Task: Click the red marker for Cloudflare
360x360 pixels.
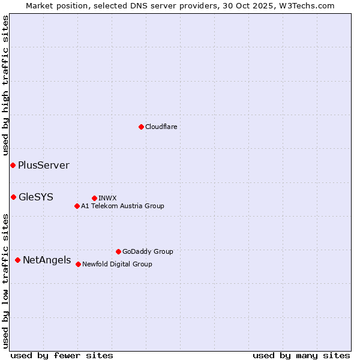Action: tap(141, 127)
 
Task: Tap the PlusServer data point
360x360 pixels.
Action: tap(13, 165)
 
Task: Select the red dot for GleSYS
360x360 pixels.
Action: tap(13, 197)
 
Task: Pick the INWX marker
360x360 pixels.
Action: tap(94, 198)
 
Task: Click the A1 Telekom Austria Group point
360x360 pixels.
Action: tap(77, 206)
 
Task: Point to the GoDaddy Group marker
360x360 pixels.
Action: tap(118, 251)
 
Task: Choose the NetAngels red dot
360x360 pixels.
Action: tap(17, 260)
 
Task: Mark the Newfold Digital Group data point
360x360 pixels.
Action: tap(78, 264)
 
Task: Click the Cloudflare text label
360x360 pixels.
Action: tap(161, 127)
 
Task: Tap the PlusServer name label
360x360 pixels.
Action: tap(43, 165)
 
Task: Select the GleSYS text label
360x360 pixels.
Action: tap(35, 197)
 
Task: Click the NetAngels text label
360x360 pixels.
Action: tap(46, 260)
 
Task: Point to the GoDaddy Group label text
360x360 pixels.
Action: tap(148, 251)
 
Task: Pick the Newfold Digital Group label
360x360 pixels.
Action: tap(117, 264)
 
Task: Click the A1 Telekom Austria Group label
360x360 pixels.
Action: tap(122, 206)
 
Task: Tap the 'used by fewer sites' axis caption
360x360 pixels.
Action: tap(62, 355)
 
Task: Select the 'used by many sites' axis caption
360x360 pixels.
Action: tap(301, 355)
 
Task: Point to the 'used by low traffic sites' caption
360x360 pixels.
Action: tap(6, 281)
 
